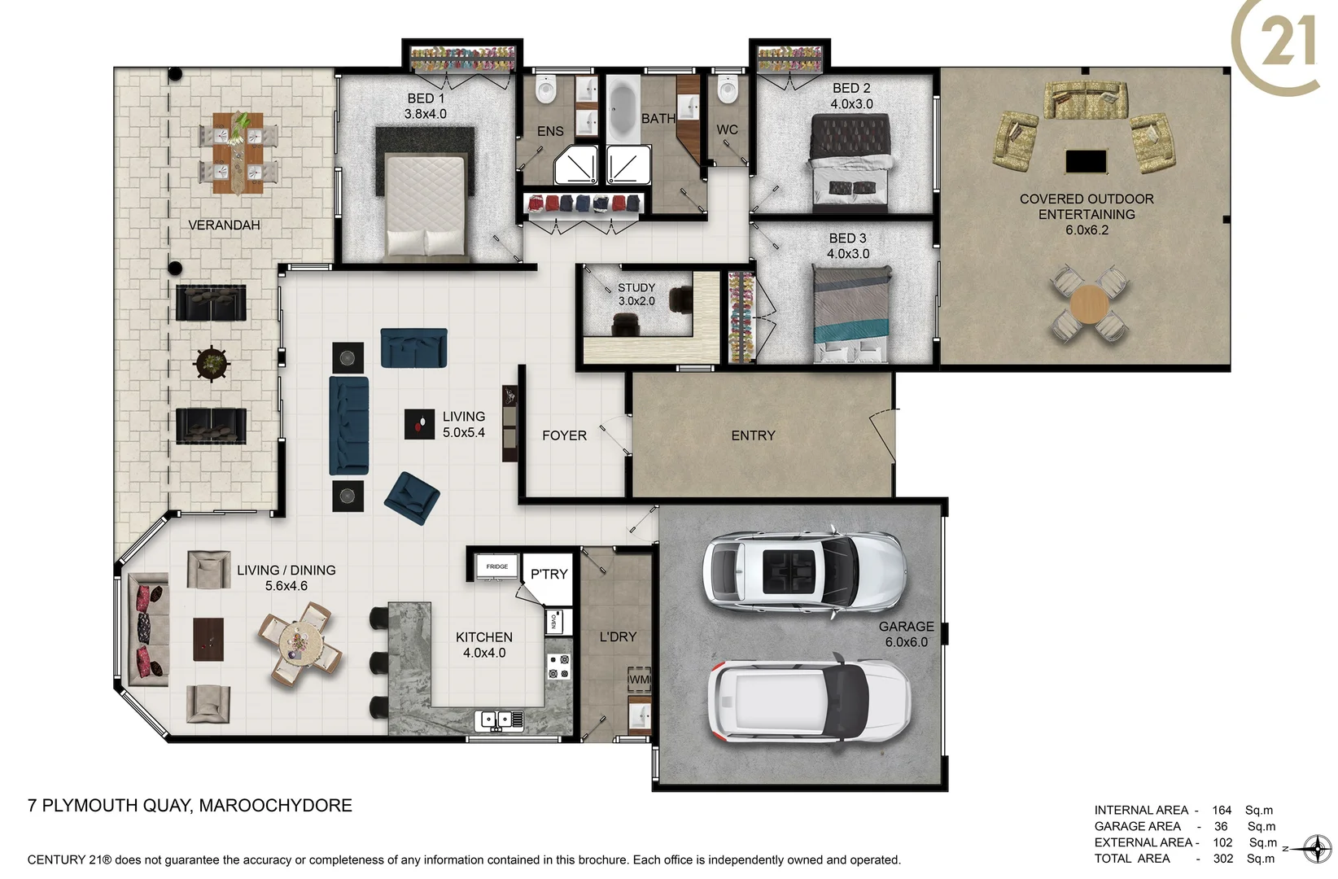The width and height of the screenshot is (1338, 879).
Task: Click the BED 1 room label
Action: [x=426, y=106]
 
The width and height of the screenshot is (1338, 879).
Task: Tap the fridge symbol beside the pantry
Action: [x=496, y=566]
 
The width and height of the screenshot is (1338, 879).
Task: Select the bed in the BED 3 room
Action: [x=851, y=314]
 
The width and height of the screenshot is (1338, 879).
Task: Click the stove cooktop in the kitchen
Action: [x=558, y=667]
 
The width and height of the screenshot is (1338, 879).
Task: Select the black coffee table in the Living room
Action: [x=420, y=424]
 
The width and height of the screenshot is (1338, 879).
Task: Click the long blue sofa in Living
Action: [x=349, y=425]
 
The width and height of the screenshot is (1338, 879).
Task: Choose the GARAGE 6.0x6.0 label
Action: [x=906, y=634]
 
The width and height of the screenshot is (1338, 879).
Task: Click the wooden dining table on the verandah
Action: [x=238, y=153]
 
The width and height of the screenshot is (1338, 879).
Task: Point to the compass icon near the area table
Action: [x=1316, y=849]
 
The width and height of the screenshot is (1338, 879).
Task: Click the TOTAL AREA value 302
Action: [x=1222, y=858]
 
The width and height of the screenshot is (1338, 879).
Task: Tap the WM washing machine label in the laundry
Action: [x=640, y=680]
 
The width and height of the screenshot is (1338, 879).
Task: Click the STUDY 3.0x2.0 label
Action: [x=636, y=294]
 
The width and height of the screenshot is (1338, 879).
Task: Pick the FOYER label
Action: [x=564, y=435]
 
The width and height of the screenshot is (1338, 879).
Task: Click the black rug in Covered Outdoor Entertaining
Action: [x=1087, y=161]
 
